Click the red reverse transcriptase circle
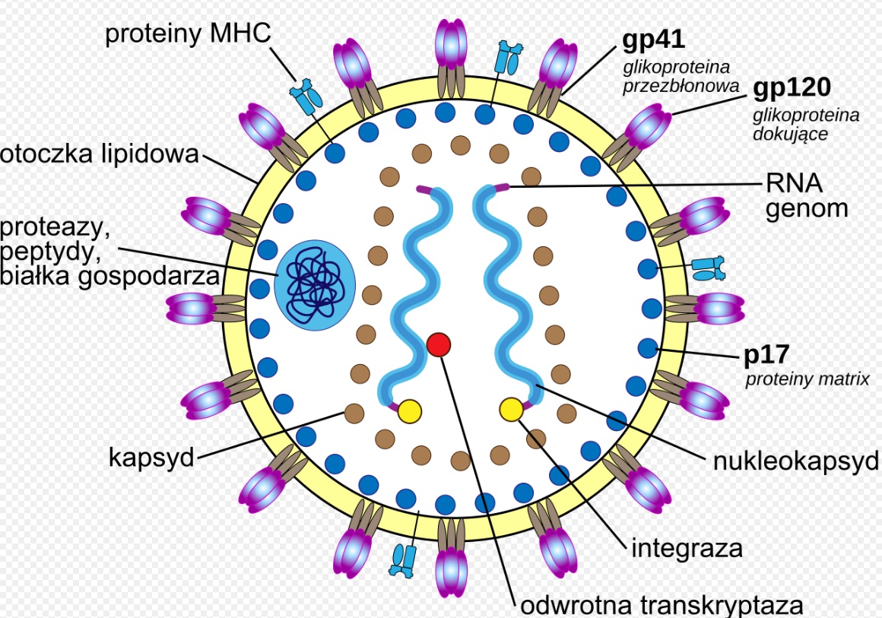[439, 344]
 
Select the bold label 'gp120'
[792, 88]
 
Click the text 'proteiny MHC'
[188, 35]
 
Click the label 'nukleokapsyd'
[796, 460]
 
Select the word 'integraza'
[687, 547]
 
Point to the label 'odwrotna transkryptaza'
[661, 605]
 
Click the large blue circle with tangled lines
[315, 285]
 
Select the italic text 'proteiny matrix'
[807, 378]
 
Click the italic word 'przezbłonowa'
[681, 86]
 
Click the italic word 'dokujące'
[790, 134]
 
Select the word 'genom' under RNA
[806, 208]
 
